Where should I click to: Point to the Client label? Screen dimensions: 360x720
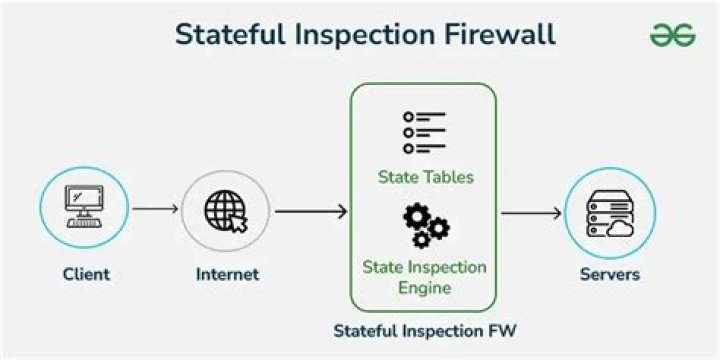[x=86, y=274]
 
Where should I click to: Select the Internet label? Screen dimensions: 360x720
[x=227, y=274]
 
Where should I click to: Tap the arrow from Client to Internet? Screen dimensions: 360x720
[x=155, y=210]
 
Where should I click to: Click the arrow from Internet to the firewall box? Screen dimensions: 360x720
[x=310, y=211]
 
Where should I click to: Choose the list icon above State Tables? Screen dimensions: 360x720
[x=424, y=132]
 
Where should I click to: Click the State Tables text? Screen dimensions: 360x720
[x=425, y=177]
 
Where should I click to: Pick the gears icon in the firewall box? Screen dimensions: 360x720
[x=425, y=227]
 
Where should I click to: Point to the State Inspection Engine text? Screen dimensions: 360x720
[x=425, y=278]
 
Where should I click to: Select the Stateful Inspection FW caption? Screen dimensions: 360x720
[x=425, y=328]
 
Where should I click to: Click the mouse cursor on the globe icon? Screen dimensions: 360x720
[x=238, y=222]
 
